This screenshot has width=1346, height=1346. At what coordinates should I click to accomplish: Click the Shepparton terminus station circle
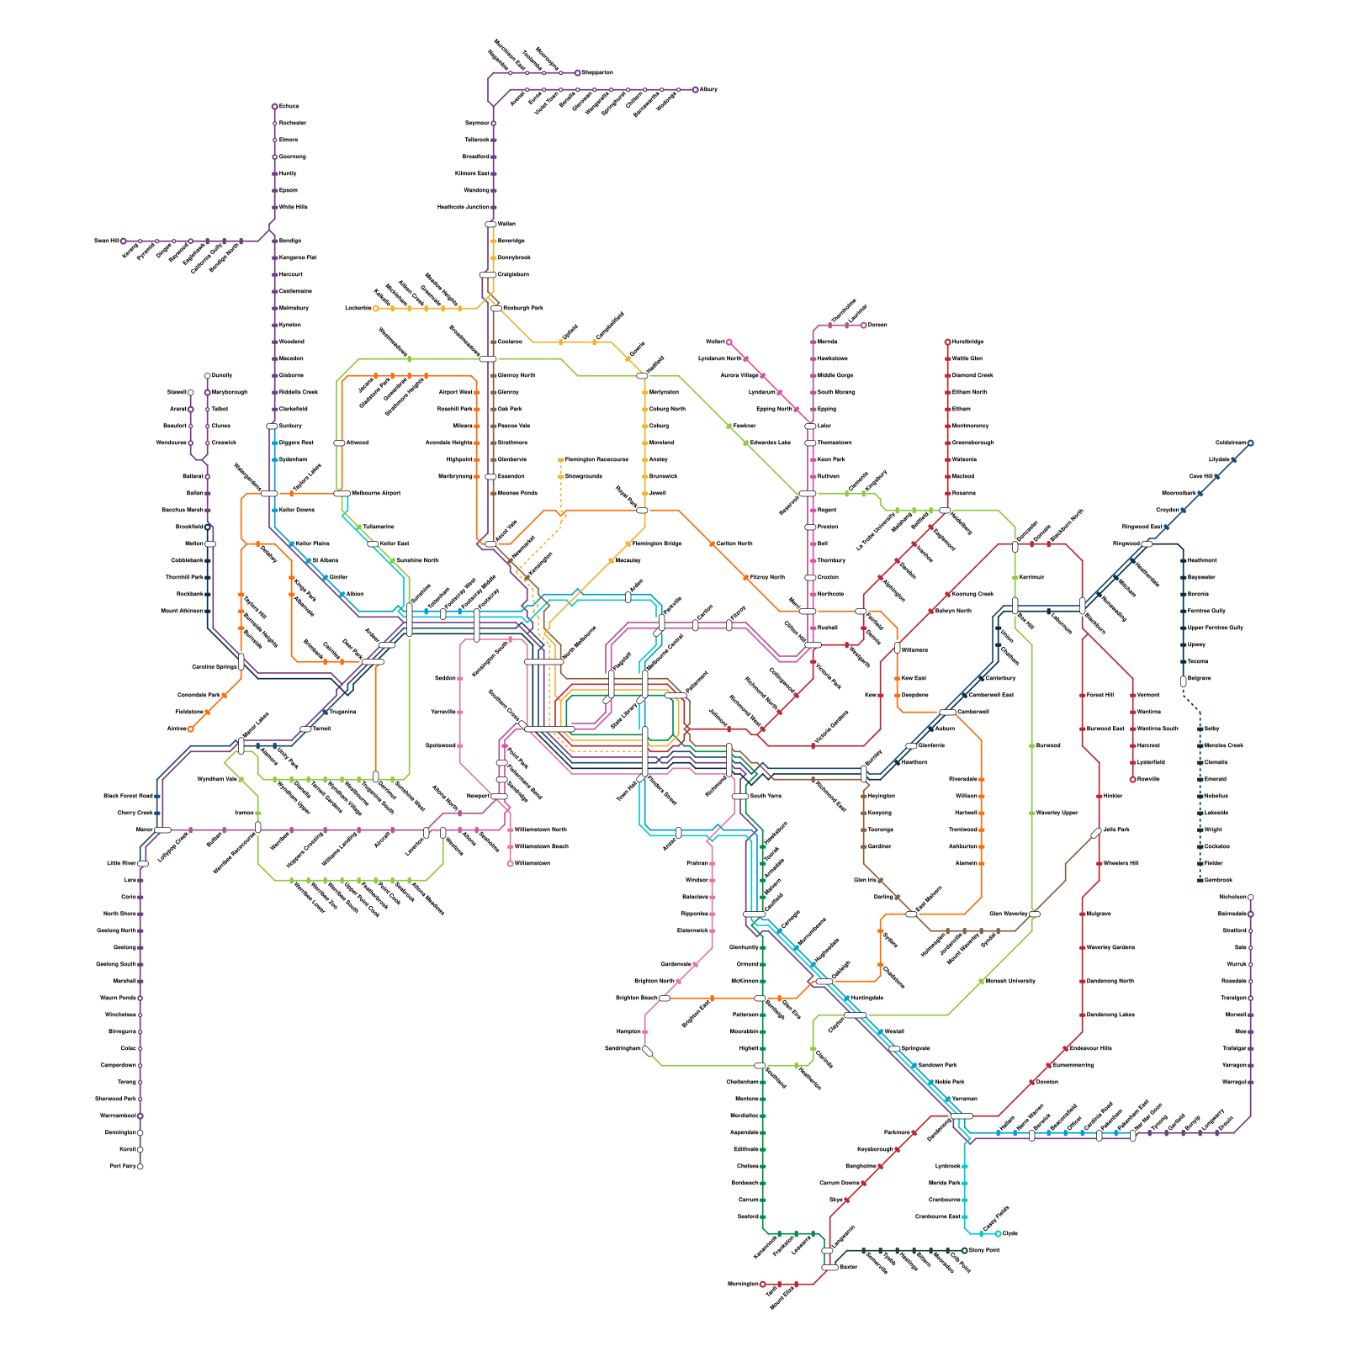click(x=577, y=73)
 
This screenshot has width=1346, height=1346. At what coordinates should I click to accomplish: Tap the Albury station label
click(x=708, y=89)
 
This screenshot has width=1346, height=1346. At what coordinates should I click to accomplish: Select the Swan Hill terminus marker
click(x=124, y=241)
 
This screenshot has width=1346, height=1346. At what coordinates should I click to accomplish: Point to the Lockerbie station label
click(x=358, y=309)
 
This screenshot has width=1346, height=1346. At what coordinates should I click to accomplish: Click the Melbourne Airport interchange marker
click(x=342, y=494)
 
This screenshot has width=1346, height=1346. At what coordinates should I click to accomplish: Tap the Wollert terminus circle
click(x=729, y=342)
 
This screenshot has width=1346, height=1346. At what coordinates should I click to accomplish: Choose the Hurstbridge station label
click(x=967, y=342)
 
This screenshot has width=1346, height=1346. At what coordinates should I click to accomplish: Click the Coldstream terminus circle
click(x=1250, y=443)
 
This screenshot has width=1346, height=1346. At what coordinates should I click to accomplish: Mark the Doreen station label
click(x=877, y=326)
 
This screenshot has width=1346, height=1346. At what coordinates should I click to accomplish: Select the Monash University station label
click(x=1010, y=982)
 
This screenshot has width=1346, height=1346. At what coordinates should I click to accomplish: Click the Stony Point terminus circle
click(x=964, y=1251)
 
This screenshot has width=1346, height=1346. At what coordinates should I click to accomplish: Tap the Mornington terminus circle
click(x=762, y=1285)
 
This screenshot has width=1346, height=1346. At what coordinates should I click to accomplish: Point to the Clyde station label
click(x=1010, y=1234)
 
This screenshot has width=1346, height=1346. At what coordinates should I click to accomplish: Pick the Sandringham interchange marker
click(x=647, y=1050)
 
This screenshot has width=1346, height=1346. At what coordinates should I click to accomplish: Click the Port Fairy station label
click(x=122, y=1167)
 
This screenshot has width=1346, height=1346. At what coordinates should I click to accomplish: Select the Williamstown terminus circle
click(x=510, y=864)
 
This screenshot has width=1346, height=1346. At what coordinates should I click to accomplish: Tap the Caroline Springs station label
click(x=215, y=667)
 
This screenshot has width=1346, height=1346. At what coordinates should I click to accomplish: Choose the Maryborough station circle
click(x=207, y=393)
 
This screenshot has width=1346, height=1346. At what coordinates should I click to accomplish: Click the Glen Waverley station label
click(x=1008, y=914)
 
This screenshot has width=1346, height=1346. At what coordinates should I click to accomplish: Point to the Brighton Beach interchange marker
click(x=665, y=999)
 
